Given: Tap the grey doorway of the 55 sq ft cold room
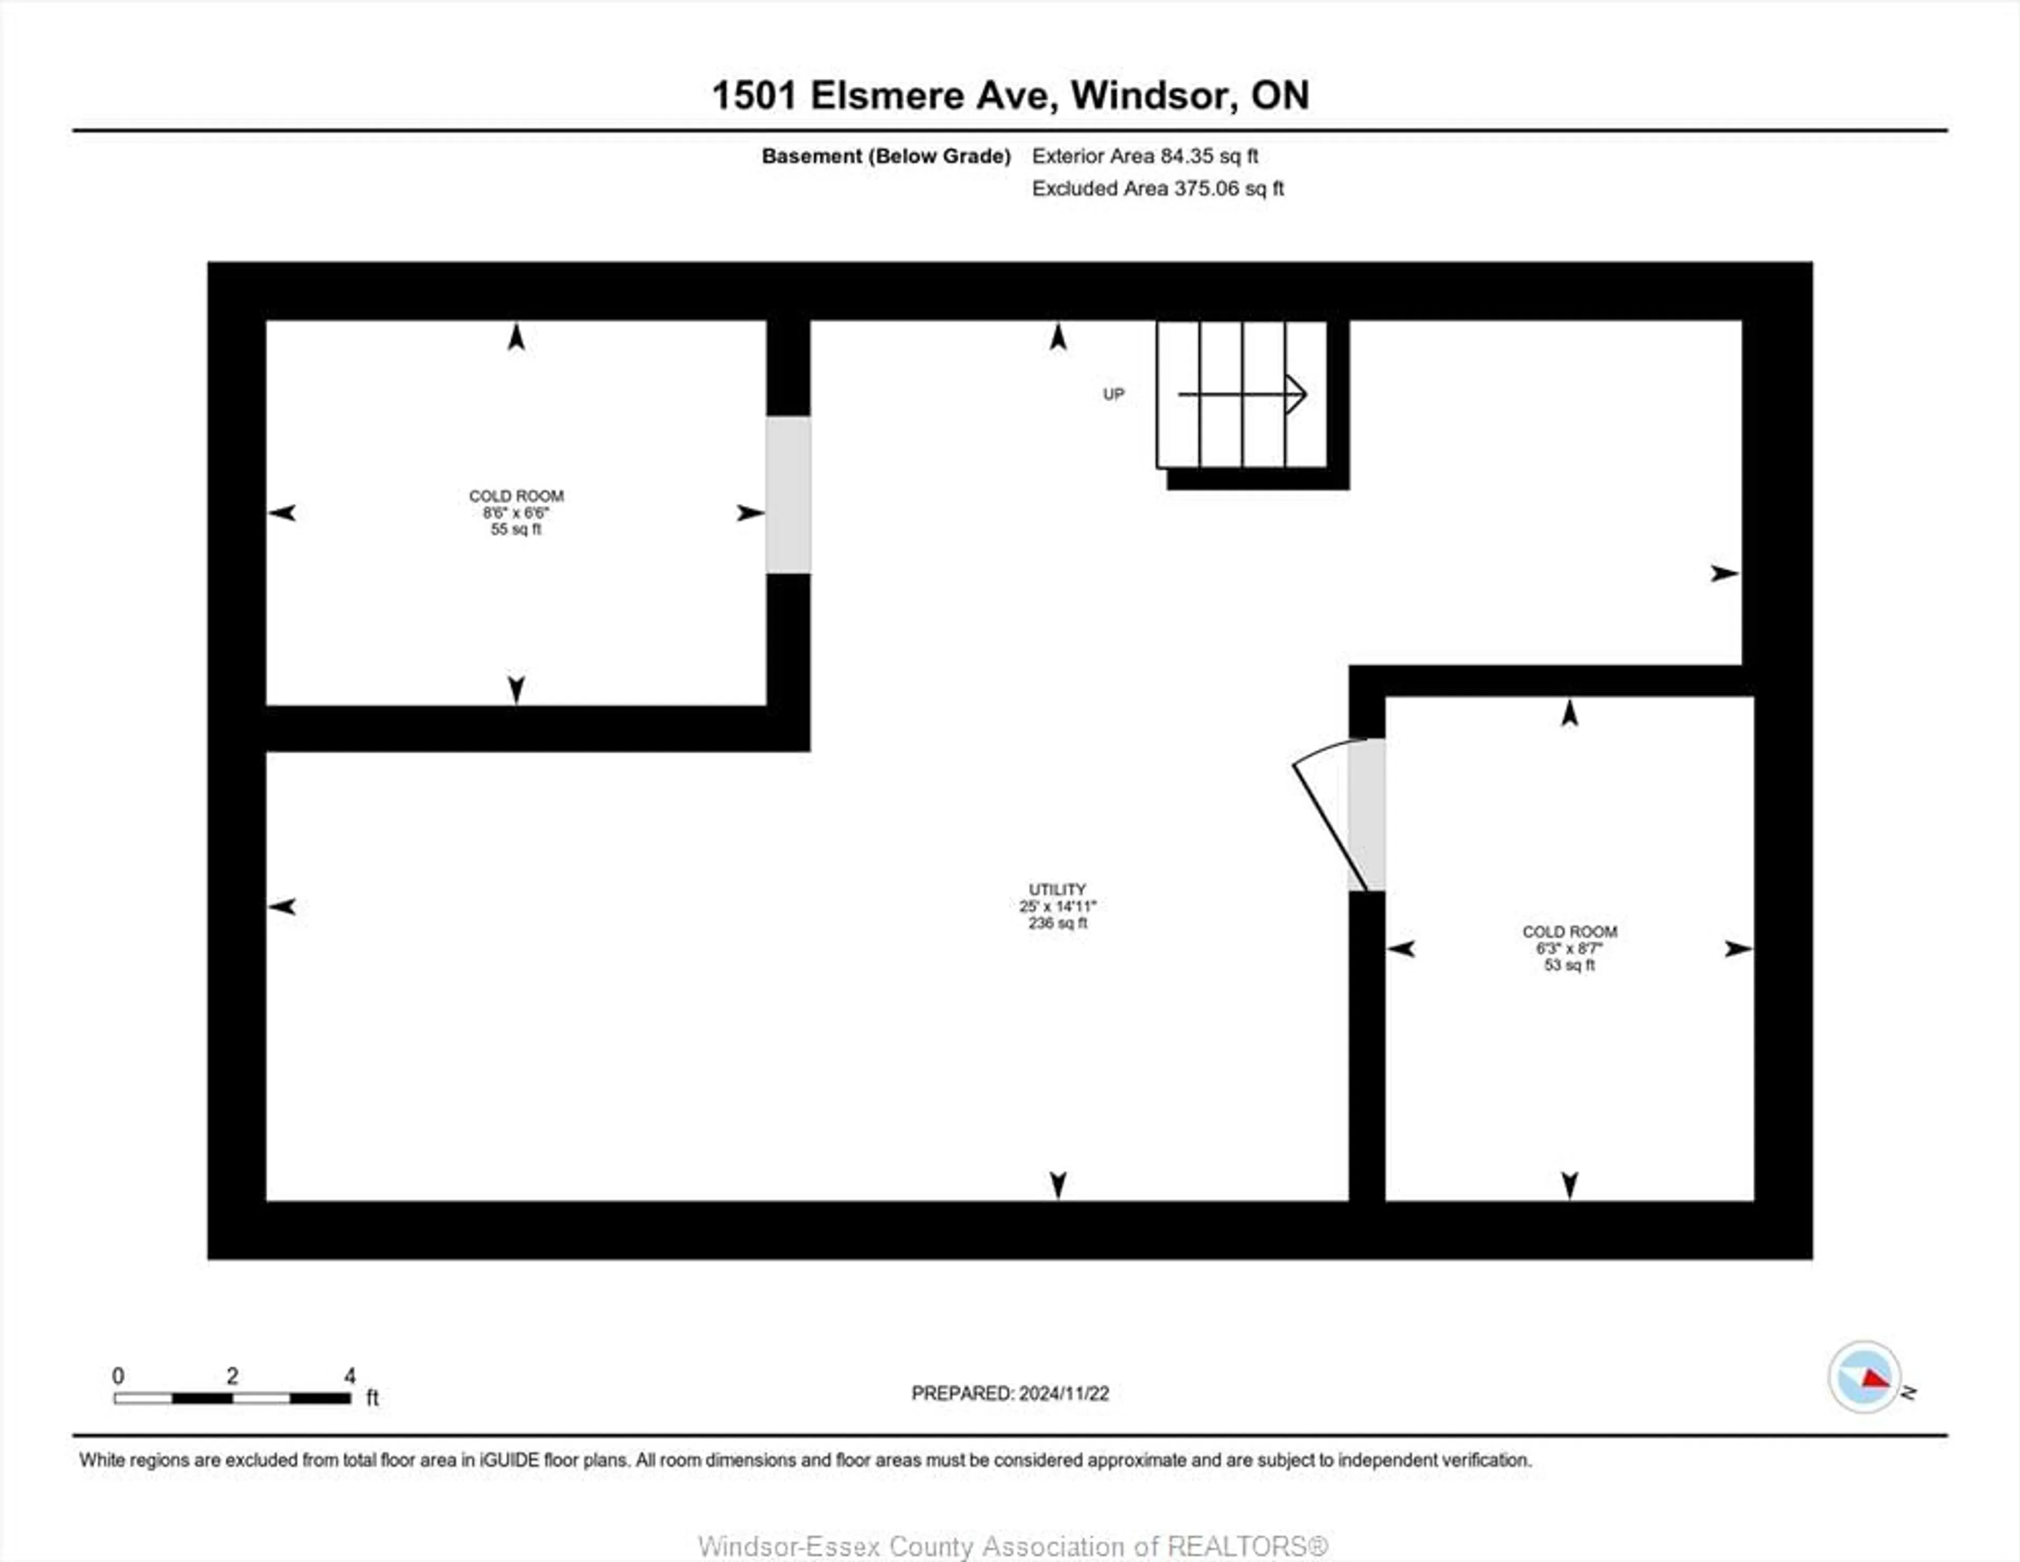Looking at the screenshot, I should pyautogui.click(x=788, y=495).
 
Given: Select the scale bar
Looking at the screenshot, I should pyautogui.click(x=232, y=1397).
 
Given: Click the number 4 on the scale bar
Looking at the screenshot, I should pyautogui.click(x=350, y=1375).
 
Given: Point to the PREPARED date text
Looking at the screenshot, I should pyautogui.click(x=1010, y=1393).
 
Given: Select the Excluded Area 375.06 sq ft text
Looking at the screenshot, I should pyautogui.click(x=1157, y=189).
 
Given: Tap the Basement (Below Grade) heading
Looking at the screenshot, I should pyautogui.click(x=885, y=156).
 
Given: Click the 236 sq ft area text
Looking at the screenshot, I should pyautogui.click(x=1057, y=923).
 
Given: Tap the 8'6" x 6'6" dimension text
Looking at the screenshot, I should pyautogui.click(x=515, y=512).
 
